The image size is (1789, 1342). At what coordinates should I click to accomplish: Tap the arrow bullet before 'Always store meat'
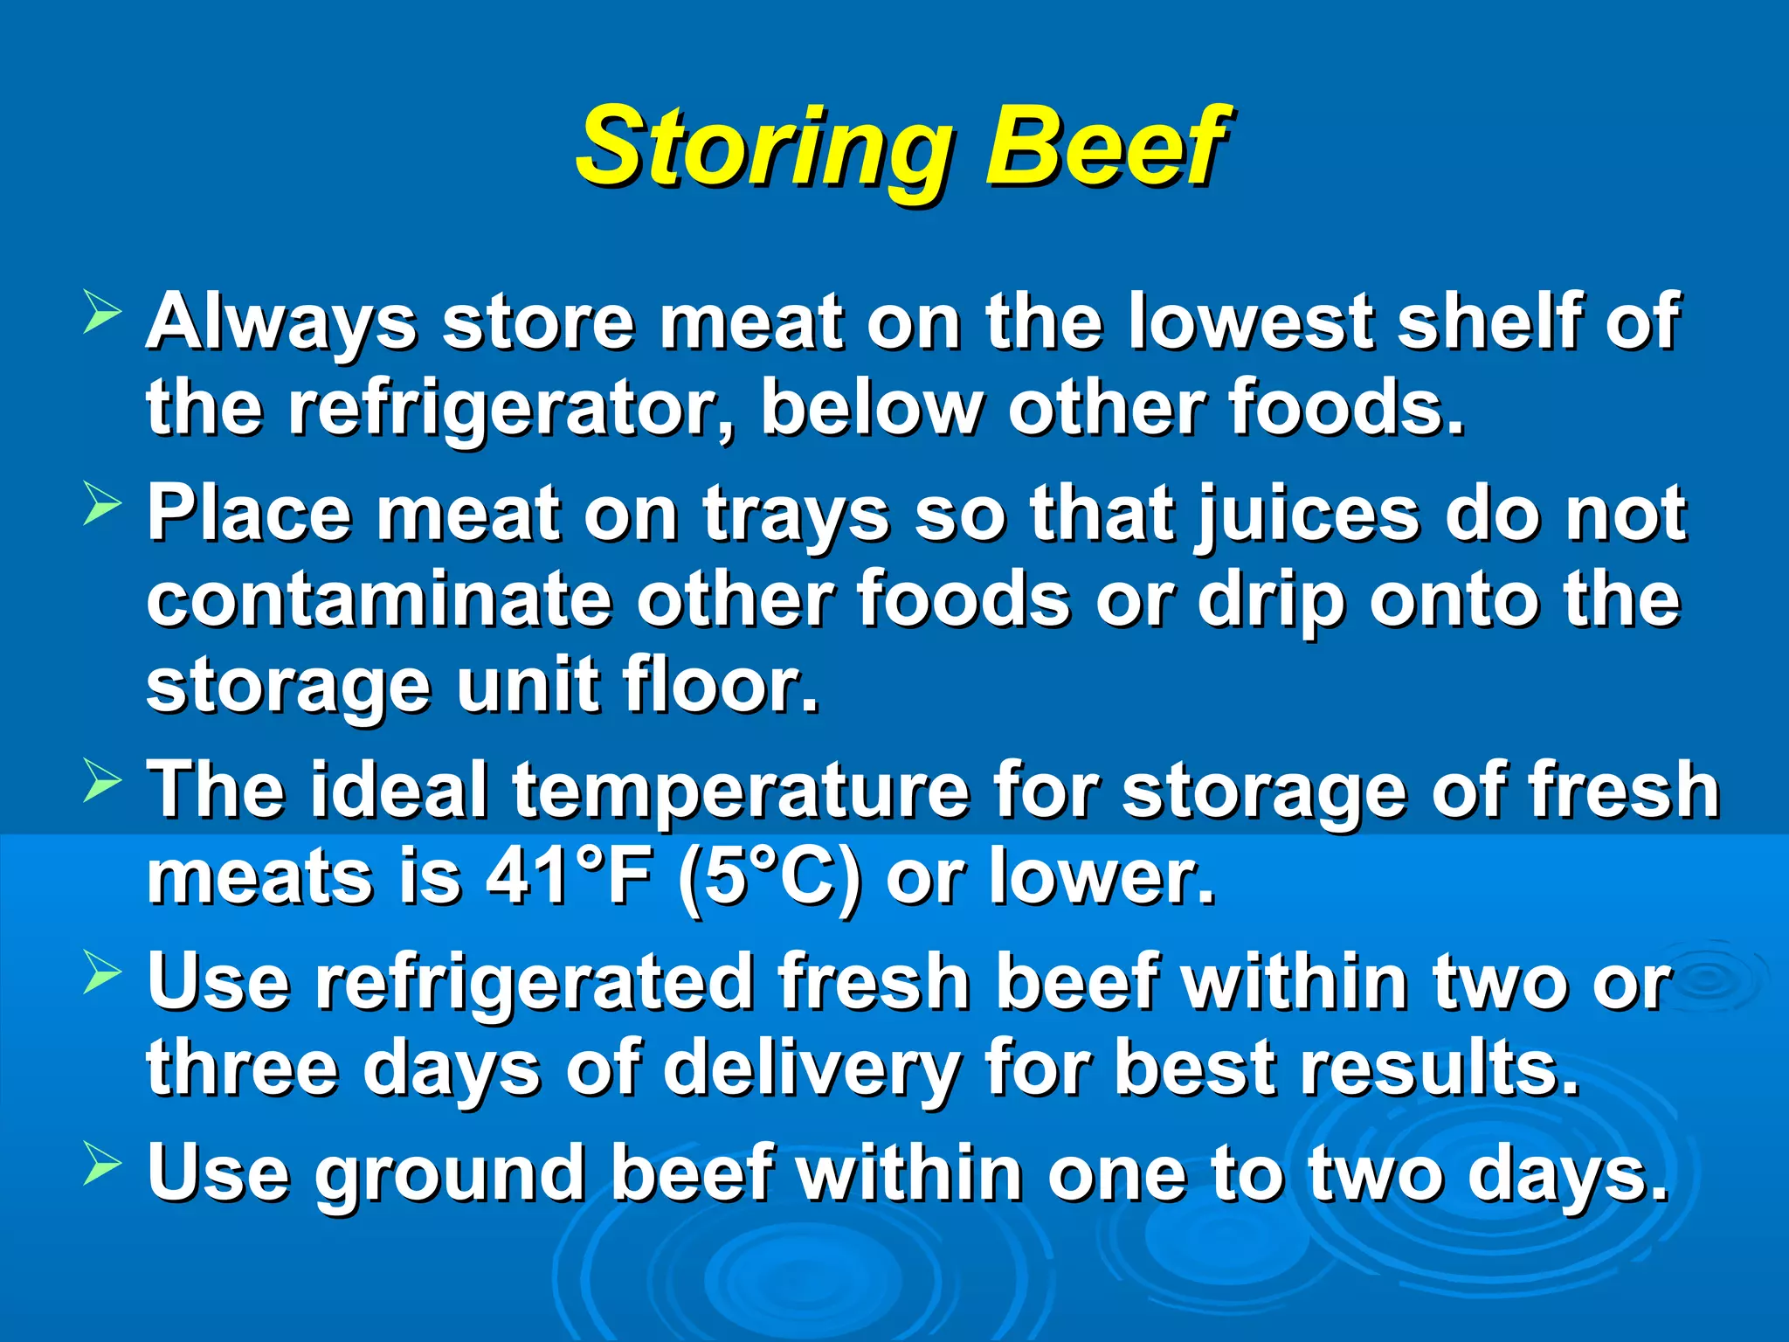coord(102,313)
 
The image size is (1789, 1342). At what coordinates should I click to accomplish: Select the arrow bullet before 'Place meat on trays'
coord(102,505)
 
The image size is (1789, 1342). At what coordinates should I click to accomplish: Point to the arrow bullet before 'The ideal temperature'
coord(102,782)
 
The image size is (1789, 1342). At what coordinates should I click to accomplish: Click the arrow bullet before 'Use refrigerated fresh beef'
coord(102,973)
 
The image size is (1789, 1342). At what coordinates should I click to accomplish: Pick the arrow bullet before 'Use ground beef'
coord(102,1166)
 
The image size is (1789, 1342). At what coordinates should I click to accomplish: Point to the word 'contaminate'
coord(379,600)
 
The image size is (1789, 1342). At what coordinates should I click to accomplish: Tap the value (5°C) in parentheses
coord(769,879)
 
